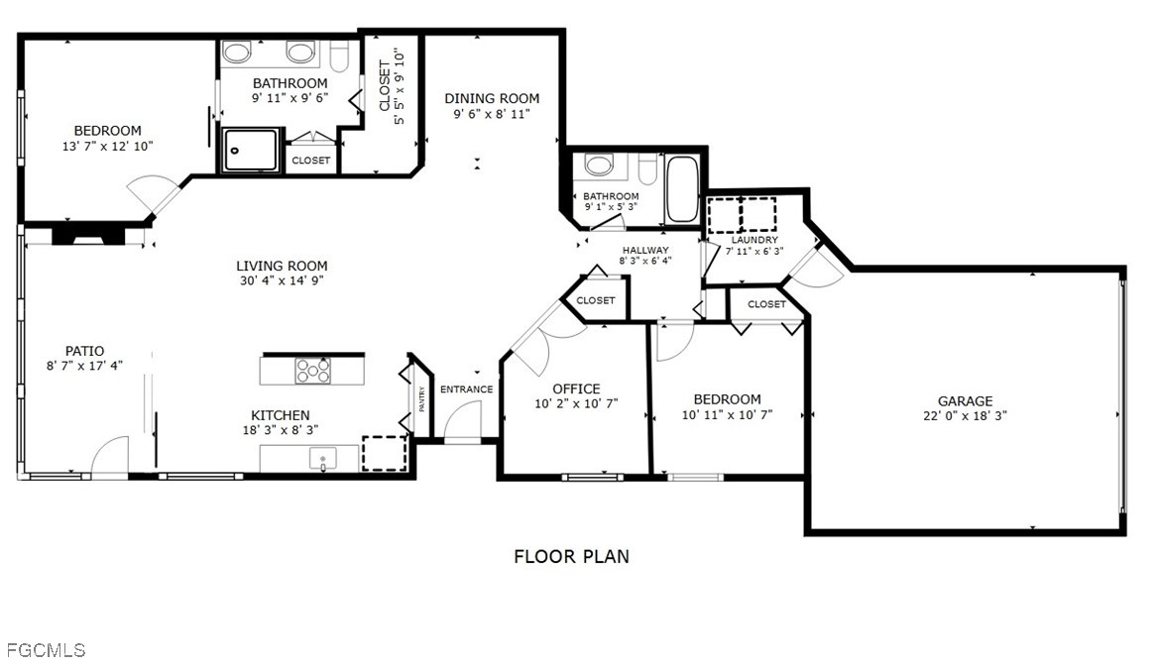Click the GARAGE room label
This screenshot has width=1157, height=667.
[x=965, y=401]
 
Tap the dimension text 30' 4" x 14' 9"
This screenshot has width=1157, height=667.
[x=282, y=280]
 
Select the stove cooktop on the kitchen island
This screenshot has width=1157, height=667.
[x=312, y=370]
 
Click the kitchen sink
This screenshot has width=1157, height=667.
[x=322, y=458]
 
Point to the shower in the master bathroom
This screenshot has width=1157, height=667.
[x=250, y=151]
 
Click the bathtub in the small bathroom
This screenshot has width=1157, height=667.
[x=682, y=189]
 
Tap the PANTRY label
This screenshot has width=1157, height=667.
[x=421, y=398]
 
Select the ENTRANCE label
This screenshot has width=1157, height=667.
[x=466, y=389]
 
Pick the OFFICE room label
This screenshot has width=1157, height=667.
[x=576, y=389]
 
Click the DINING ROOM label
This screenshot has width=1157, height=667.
[x=492, y=98]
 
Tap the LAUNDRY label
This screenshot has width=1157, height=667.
[x=754, y=240]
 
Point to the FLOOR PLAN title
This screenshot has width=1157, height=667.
[x=571, y=557]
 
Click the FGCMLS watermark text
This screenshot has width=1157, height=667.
[x=46, y=650]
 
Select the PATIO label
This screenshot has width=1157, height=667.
[x=84, y=351]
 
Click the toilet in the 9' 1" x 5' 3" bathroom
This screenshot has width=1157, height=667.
[x=599, y=165]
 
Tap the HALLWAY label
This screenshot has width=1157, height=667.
[x=645, y=250]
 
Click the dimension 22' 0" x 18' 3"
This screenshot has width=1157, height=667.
[x=965, y=416]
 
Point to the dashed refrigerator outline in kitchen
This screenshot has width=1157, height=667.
[x=384, y=453]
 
